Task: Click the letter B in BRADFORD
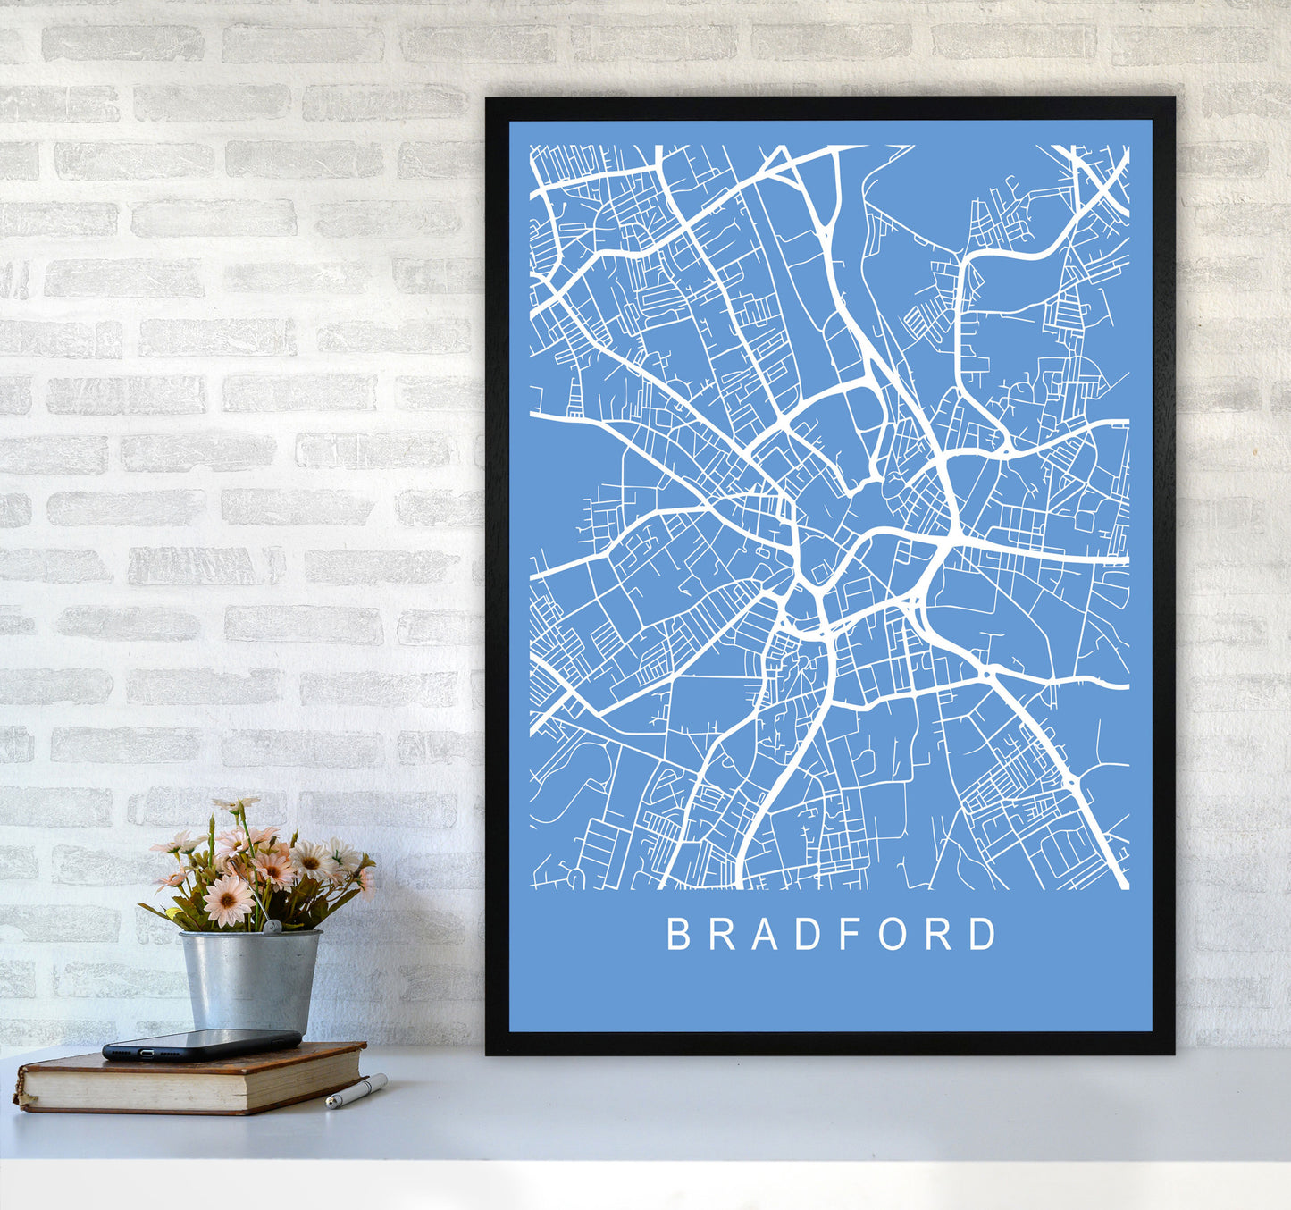click(x=678, y=934)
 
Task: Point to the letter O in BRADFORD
click(x=894, y=934)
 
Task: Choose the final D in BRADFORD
click(x=983, y=934)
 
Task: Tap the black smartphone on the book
click(x=202, y=1044)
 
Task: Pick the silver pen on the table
click(x=356, y=1091)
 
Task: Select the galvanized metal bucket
click(x=250, y=979)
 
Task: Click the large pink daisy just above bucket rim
click(x=228, y=900)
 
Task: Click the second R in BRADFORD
click(x=939, y=934)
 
